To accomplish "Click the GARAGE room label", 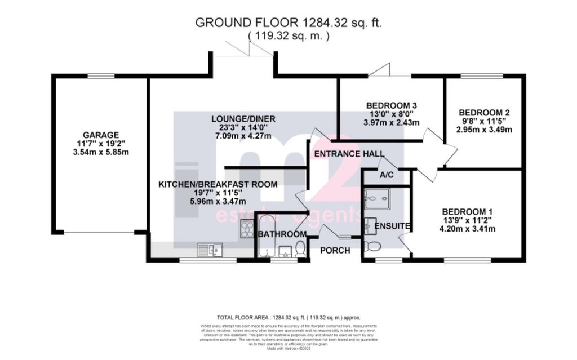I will (101, 135).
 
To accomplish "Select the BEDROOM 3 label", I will (391, 105).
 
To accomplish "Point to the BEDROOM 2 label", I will (484, 112).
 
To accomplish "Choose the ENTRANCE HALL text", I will (349, 154).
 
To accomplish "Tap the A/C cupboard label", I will (387, 176).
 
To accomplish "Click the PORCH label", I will (335, 250).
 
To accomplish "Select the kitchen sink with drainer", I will (210, 248).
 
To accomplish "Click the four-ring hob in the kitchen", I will (247, 228).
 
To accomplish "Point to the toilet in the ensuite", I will (373, 246).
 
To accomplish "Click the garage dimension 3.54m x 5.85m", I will (101, 152).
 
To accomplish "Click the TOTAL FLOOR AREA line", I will (288, 318).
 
